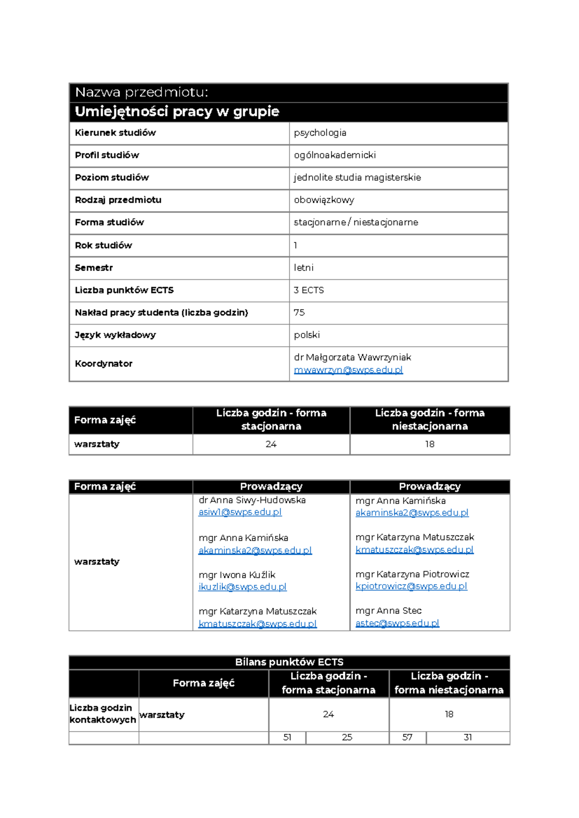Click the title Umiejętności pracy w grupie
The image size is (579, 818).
click(x=177, y=112)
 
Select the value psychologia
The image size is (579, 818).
click(x=320, y=133)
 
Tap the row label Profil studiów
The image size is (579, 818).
click(x=107, y=155)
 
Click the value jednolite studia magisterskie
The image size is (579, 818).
click(x=357, y=177)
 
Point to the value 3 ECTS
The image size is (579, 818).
click(x=309, y=290)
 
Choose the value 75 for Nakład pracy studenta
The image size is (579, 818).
click(x=299, y=313)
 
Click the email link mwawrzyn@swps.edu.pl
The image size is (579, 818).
click(x=348, y=370)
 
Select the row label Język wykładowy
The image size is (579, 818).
click(x=115, y=335)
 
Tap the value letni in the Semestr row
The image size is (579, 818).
click(x=303, y=268)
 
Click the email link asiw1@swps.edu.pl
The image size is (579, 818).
click(x=240, y=512)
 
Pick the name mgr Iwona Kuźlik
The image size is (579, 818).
click(x=237, y=575)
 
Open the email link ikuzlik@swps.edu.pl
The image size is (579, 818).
click(x=242, y=587)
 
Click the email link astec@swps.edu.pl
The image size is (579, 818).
click(x=397, y=623)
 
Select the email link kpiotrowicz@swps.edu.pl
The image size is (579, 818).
click(x=411, y=586)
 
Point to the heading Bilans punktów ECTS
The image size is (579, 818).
click(x=289, y=662)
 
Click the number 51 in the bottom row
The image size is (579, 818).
click(x=287, y=737)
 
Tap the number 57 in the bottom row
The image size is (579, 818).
click(x=407, y=737)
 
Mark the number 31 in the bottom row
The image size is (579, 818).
click(x=468, y=737)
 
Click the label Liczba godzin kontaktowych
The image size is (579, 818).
click(x=102, y=714)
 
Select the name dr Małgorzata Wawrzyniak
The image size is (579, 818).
click(x=352, y=357)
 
